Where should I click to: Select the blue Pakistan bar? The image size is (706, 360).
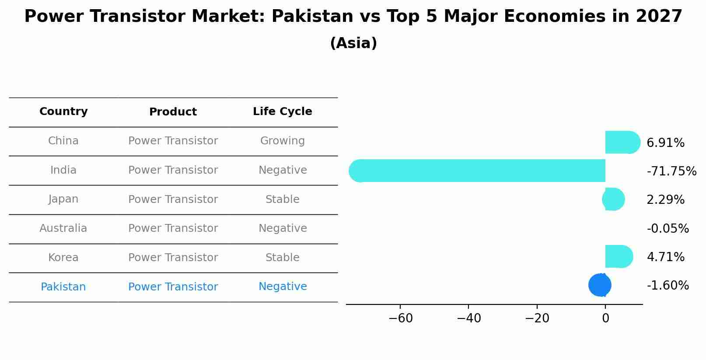pos(600,285)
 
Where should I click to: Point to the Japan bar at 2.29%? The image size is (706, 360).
pos(614,199)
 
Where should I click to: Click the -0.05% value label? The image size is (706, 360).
pos(668,228)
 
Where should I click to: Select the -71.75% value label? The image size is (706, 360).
pos(671,171)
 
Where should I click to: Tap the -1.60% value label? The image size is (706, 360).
pos(668,285)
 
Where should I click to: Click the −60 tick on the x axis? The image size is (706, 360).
pos(400,318)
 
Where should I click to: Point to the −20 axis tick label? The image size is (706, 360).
pos(537,318)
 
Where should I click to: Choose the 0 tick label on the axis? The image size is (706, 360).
pos(605,318)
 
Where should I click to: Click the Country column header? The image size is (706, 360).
pos(63,112)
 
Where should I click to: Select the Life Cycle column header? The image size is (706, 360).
pos(283,112)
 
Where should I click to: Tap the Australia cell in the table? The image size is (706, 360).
pos(63,228)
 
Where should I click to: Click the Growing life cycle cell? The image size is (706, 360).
pos(283,141)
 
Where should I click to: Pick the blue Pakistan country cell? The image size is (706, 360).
pos(63,287)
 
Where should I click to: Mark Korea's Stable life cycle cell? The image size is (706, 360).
pos(283,258)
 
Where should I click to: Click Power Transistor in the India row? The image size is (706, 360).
pos(173,170)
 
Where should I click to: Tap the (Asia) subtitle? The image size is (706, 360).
pos(353,43)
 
